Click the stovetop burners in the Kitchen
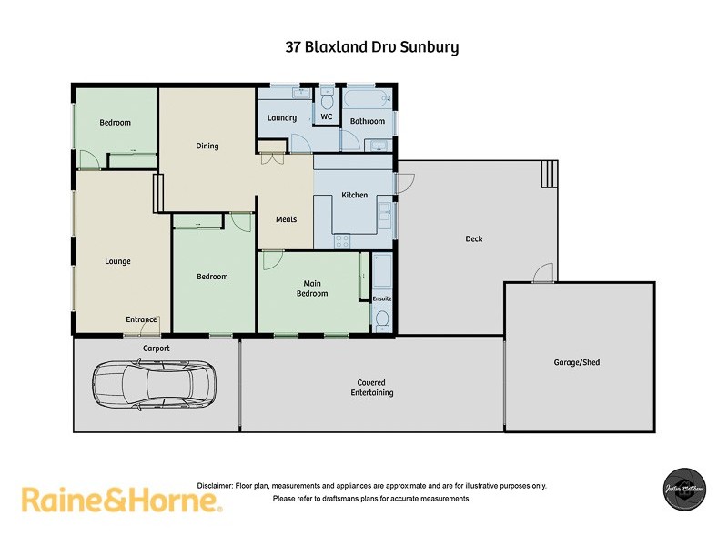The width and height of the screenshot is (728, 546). click(343, 241)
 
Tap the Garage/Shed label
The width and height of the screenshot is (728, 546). click(577, 362)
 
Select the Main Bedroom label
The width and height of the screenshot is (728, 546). click(312, 288)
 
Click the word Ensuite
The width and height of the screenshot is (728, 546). click(382, 298)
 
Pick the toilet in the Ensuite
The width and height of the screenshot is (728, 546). click(382, 319)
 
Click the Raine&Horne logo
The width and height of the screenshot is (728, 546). click(121, 500)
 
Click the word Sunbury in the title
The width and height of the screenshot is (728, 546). click(430, 46)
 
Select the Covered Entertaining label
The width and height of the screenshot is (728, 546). click(371, 388)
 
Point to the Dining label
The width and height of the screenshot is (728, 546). click(207, 146)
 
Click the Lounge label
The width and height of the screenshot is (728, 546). click(117, 261)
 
